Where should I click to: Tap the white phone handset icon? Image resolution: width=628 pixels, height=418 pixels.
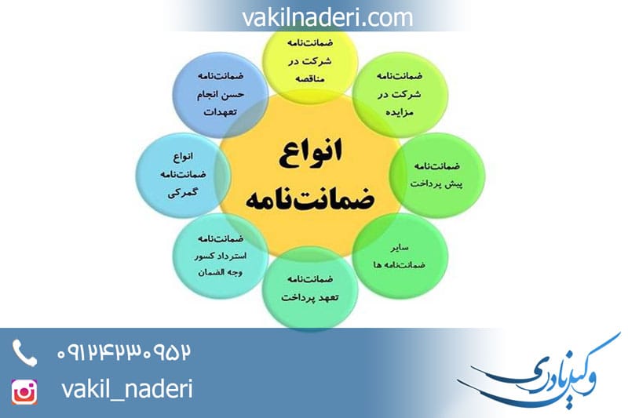[24, 353]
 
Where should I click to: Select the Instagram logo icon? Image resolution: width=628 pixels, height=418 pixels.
[24, 391]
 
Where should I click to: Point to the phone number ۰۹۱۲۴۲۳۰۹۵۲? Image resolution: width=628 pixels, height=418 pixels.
[124, 352]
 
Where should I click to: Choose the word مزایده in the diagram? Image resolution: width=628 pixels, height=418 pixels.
[390, 112]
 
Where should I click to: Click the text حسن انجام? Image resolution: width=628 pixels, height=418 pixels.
[220, 96]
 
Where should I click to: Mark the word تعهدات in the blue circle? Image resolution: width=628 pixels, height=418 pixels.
[221, 112]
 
